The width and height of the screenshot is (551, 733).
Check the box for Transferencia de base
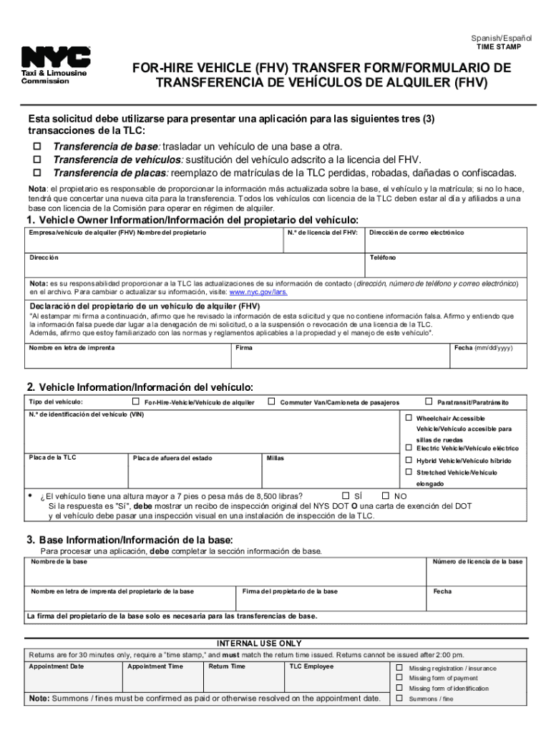coord(33,147)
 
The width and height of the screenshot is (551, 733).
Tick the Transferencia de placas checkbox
coord(33,173)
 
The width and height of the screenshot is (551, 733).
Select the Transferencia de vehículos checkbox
coord(33,160)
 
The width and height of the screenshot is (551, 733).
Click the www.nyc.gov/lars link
coord(258,292)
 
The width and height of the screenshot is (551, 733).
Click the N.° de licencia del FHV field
coord(323,242)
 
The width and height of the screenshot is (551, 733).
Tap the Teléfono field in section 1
coord(446,266)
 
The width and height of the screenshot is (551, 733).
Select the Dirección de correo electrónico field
coord(446,242)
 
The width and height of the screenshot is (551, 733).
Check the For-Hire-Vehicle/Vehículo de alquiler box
coord(135,402)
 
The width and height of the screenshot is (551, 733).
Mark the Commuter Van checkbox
coord(271,402)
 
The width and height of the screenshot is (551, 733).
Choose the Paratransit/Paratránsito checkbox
coord(429,402)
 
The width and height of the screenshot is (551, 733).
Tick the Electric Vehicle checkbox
coord(409,448)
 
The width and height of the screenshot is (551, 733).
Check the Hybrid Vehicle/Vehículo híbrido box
coord(409,460)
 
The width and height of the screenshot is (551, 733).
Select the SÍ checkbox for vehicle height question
coord(346,495)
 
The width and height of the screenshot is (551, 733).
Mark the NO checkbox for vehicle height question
coord(386,495)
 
